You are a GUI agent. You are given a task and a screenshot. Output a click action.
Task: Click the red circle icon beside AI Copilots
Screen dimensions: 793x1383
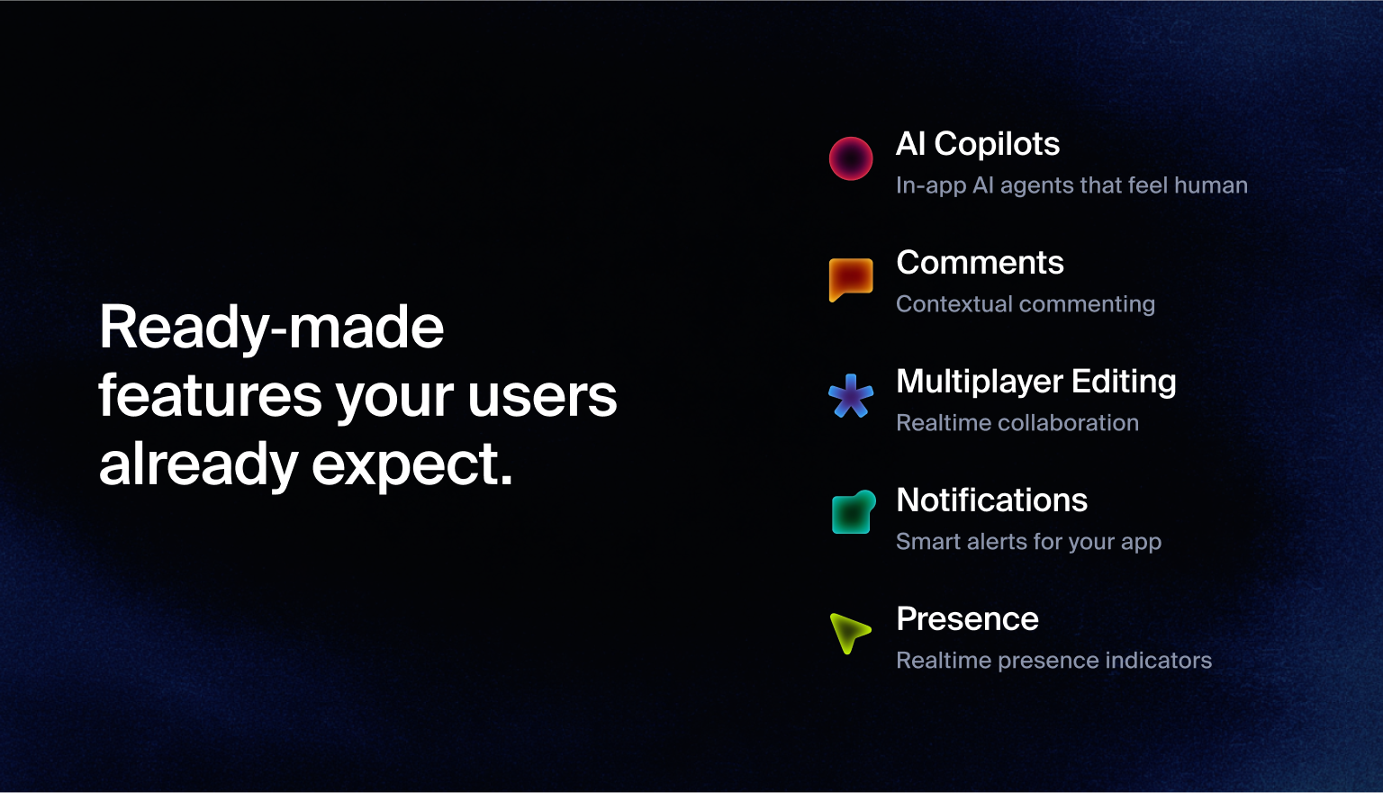coord(851,158)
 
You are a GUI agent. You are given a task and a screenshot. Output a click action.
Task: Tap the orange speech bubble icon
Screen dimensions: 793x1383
coord(851,278)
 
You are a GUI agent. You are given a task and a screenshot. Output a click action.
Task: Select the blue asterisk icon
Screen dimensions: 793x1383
coord(851,396)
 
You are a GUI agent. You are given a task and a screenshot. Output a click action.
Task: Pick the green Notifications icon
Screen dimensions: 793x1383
coord(852,513)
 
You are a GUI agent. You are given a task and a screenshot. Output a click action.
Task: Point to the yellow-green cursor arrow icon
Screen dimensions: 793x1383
coord(849,632)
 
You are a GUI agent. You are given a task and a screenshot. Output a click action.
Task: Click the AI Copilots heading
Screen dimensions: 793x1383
coord(978,144)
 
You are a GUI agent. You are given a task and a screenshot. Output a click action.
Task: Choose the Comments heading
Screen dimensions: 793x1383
coord(980,263)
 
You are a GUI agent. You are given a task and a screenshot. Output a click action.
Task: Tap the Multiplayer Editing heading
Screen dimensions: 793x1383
coord(1035,382)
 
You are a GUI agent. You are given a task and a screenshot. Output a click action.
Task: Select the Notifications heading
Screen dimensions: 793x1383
coord(991,500)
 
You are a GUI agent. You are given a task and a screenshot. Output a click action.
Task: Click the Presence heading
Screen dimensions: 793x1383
coord(967,619)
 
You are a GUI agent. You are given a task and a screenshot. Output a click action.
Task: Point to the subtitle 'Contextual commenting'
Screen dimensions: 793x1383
coord(1025,304)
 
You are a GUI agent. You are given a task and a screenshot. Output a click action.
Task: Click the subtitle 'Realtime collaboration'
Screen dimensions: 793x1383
coord(1017,423)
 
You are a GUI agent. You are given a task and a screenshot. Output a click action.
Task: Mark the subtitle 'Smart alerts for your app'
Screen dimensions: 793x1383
coord(1028,542)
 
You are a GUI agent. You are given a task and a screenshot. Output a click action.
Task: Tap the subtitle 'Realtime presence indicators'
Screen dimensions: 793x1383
coord(1053,661)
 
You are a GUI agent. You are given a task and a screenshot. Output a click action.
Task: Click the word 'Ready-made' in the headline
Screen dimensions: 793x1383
coord(271,328)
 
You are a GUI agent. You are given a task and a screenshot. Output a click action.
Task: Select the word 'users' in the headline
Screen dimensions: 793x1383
coord(542,396)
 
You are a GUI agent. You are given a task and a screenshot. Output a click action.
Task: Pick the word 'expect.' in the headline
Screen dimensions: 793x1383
coord(412,465)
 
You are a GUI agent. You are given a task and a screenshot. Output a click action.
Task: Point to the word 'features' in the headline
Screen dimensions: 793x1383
coord(210,396)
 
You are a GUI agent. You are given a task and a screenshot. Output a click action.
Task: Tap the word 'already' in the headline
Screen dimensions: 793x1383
coord(198,465)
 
